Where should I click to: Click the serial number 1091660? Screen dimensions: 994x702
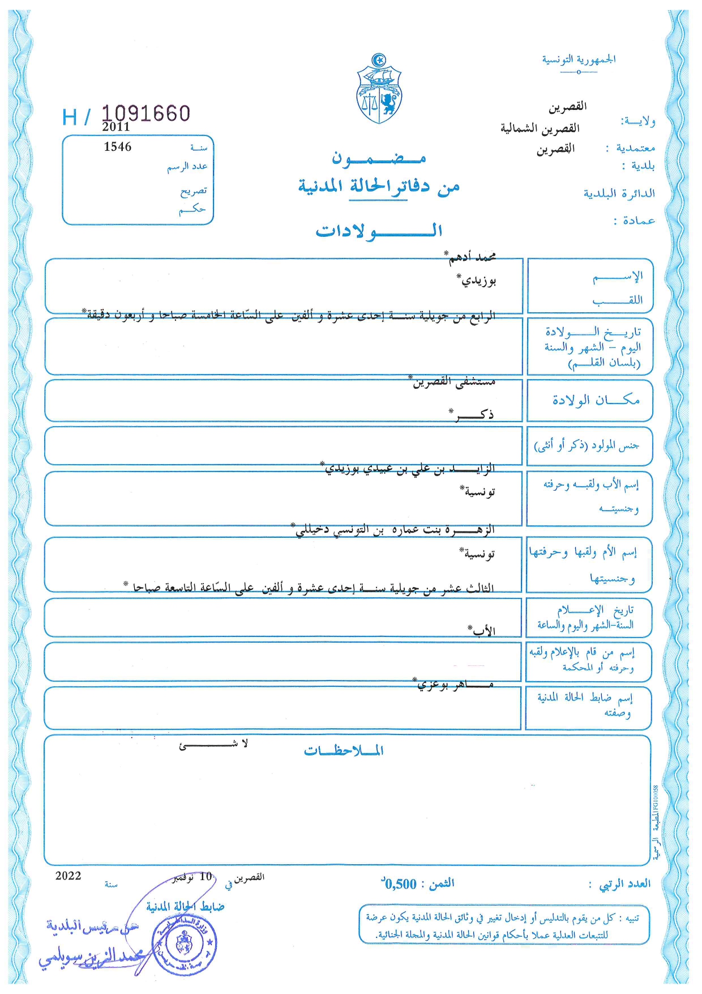146,113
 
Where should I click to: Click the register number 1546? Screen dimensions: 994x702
118,147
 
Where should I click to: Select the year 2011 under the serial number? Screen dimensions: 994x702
116,127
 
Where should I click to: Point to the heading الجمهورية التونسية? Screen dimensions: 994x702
579,60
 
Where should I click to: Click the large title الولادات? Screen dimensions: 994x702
379,231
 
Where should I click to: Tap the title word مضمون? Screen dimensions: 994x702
378,158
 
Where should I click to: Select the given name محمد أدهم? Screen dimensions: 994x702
472,257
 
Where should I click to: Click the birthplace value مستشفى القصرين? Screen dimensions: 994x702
453,381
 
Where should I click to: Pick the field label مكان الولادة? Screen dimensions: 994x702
596,400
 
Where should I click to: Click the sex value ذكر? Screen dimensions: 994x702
474,414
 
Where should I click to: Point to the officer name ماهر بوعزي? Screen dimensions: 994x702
455,685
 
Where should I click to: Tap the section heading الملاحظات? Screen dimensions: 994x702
344,751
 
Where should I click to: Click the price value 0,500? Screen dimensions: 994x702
400,883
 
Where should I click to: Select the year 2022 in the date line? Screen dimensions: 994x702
69,876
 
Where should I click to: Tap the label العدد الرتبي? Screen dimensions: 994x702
624,883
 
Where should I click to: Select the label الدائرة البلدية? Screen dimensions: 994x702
619,193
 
